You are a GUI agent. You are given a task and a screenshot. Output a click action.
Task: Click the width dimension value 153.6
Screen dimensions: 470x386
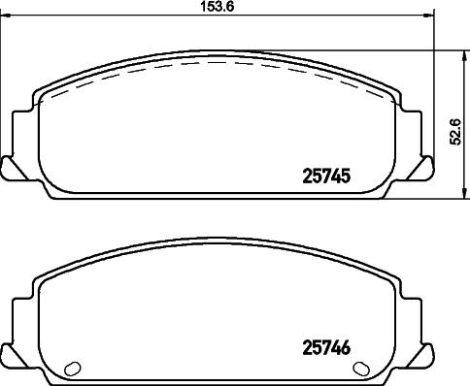(218, 7)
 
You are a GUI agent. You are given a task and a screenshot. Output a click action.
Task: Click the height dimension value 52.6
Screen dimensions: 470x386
(456, 132)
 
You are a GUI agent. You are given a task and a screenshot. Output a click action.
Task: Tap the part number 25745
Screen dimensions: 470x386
(326, 177)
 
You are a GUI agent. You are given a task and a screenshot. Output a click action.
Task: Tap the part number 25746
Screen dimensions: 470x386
(326, 348)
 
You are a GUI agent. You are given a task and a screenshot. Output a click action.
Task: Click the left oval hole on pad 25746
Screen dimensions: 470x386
(73, 369)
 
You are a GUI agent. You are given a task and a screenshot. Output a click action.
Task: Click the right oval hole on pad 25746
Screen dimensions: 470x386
(361, 369)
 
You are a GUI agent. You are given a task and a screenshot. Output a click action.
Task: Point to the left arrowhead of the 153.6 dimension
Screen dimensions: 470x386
(6, 16)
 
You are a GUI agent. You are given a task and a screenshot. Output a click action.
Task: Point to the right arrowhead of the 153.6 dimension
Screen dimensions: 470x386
(428, 16)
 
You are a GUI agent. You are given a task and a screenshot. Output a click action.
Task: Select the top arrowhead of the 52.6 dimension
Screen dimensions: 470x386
(465, 55)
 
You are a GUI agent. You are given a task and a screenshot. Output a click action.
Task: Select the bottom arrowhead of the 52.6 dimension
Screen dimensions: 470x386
(465, 193)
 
